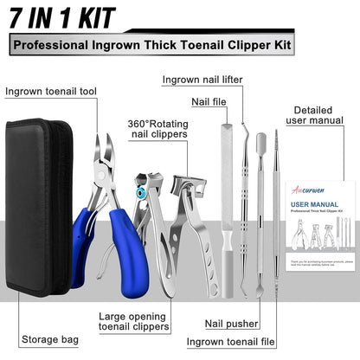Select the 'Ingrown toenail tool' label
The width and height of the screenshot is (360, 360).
(50, 91)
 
